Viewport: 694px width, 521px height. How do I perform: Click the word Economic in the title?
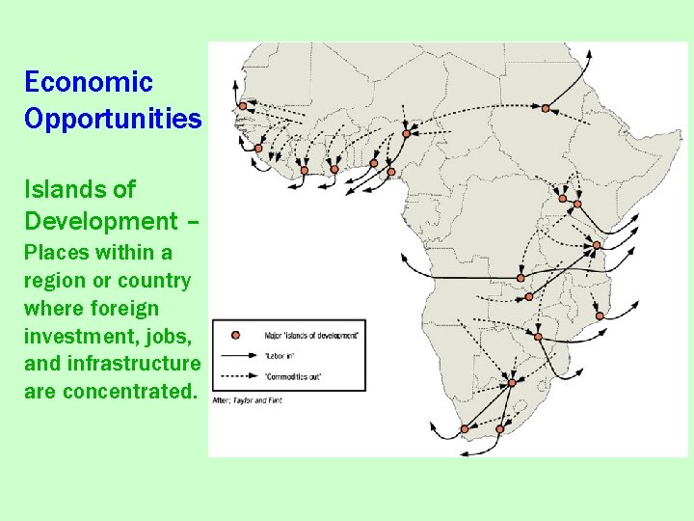89,82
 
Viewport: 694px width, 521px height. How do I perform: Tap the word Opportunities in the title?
113,119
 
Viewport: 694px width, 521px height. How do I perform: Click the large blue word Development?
101,221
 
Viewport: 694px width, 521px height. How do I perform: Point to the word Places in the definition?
57,253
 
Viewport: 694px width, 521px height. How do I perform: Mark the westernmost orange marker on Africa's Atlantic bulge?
258,148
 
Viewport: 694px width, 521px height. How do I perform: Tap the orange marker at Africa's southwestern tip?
465,428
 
